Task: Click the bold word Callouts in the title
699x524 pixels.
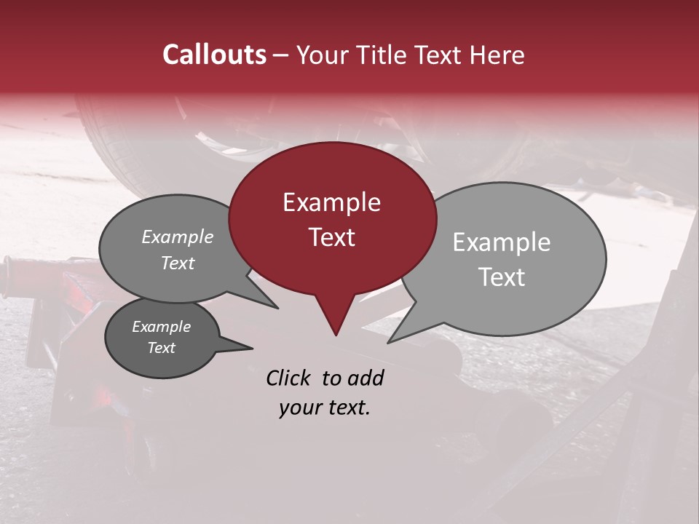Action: (214, 55)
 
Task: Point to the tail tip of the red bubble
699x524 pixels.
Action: (336, 335)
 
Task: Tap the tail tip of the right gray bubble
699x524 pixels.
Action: (388, 342)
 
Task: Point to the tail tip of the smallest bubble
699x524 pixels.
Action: (252, 348)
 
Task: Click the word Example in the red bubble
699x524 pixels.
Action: (331, 202)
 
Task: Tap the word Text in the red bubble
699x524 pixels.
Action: (331, 237)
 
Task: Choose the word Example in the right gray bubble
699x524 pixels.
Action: (502, 242)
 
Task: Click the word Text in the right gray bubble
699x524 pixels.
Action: (502, 277)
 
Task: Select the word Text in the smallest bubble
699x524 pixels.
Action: (162, 348)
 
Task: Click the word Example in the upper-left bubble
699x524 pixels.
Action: (177, 237)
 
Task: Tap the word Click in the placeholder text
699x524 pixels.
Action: (289, 378)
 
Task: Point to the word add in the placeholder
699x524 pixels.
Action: (366, 378)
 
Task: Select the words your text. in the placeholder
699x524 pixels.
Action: (324, 408)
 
